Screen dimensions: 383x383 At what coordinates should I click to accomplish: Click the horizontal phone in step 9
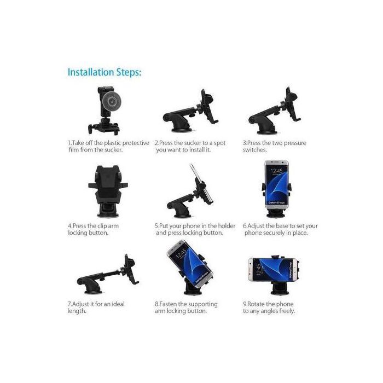coord(273,268)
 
